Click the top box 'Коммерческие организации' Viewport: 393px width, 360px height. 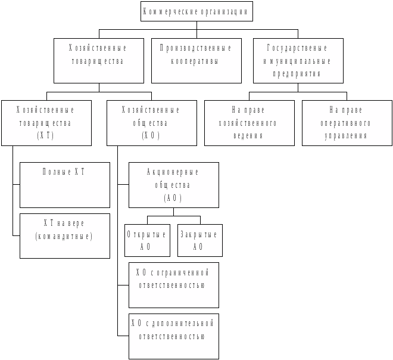[196, 11]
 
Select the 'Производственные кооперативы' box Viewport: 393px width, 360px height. [196, 60]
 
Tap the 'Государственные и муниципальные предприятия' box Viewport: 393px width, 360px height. [298, 60]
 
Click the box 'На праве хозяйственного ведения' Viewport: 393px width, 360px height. [249, 123]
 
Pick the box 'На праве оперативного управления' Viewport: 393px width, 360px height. [347, 123]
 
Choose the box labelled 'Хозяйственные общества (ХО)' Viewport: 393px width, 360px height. [151, 123]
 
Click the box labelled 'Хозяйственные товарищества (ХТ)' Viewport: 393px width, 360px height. [46, 123]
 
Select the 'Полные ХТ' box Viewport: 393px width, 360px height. [64, 185]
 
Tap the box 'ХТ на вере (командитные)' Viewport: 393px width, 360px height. [64, 235]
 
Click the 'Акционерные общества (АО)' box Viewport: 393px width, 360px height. [173, 185]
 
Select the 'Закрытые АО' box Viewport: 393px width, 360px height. [199, 240]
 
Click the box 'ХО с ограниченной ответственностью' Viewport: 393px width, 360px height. [173, 285]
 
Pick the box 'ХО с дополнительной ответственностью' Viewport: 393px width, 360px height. [173, 336]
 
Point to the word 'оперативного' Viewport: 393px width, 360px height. [350, 123]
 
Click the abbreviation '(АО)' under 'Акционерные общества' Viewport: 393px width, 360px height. [173, 198]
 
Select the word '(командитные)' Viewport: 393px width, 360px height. [64, 236]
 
